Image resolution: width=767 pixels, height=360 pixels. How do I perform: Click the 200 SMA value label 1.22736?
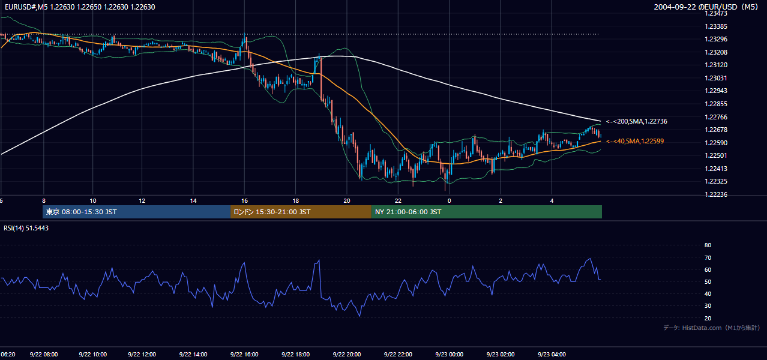(x=637, y=121)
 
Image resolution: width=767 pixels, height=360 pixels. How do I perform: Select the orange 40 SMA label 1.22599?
(x=635, y=142)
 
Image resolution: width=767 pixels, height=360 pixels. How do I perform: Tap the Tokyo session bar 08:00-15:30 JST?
(x=137, y=212)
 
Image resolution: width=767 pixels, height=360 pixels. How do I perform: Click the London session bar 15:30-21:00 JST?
(x=301, y=212)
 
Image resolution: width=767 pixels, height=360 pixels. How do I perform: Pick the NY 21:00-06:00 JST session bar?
(x=486, y=212)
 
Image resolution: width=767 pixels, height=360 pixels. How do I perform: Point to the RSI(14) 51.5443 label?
(x=26, y=228)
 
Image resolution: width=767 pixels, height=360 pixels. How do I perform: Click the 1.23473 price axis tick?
(x=716, y=14)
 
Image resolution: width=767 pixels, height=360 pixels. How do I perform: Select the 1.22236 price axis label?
(x=716, y=194)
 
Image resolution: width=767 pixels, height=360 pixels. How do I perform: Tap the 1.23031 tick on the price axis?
(x=716, y=78)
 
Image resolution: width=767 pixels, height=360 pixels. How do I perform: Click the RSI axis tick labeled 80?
(x=708, y=245)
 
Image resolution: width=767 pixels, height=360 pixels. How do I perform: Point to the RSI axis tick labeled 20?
(x=708, y=318)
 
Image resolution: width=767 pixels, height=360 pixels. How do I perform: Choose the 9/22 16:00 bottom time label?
(x=244, y=355)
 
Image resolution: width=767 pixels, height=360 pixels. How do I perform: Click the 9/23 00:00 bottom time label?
(x=450, y=355)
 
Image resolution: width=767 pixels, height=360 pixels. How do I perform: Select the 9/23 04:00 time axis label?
(x=552, y=355)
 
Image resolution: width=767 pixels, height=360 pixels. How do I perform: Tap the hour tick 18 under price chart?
(x=295, y=201)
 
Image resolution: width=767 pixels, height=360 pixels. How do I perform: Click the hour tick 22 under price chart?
(x=398, y=201)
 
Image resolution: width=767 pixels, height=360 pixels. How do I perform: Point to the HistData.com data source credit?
(x=712, y=328)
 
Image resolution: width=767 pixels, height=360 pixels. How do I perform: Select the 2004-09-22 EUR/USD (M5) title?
(x=706, y=7)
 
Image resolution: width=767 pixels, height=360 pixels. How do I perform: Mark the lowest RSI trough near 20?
(x=359, y=316)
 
